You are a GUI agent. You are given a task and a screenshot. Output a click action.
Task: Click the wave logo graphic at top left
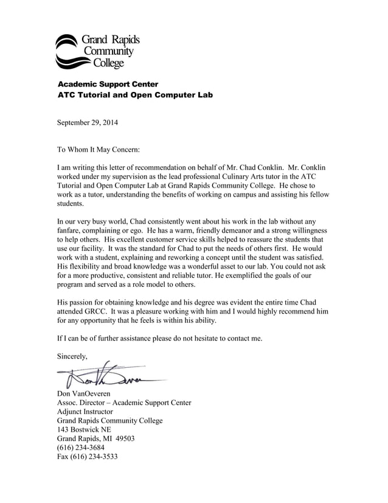(72, 51)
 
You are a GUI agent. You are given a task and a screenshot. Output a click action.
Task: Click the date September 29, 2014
(88, 122)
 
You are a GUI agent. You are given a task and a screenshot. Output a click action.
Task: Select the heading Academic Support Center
(108, 83)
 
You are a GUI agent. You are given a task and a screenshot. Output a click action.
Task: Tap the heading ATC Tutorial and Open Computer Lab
(135, 95)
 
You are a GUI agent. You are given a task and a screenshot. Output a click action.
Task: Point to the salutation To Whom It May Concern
(99, 149)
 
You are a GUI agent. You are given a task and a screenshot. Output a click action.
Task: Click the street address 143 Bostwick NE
(85, 429)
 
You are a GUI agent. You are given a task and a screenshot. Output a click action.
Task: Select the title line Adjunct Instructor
(85, 411)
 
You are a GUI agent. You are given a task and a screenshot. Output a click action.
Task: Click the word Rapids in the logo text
(124, 40)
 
